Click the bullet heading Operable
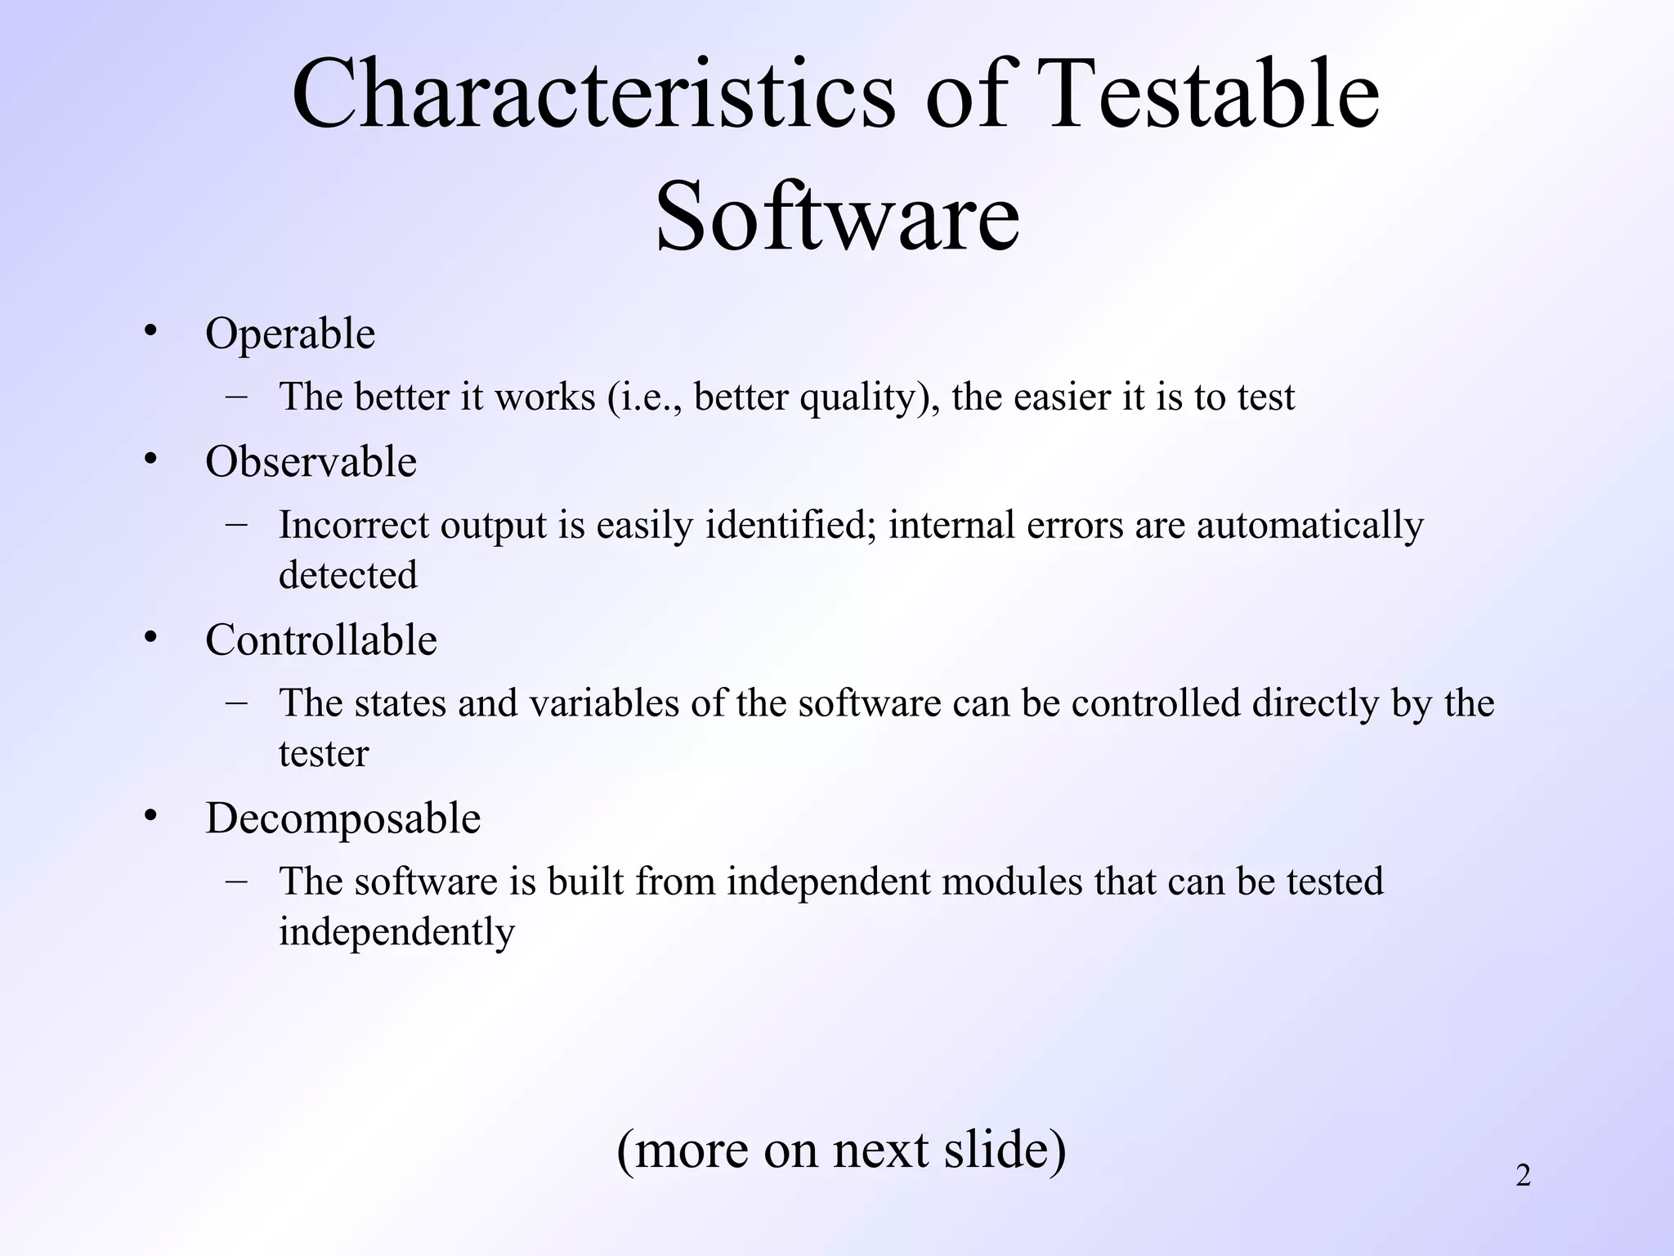click(290, 334)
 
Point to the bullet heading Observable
click(311, 462)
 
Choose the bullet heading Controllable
click(321, 639)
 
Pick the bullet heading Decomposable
click(342, 818)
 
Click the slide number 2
click(1523, 1176)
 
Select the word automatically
click(1309, 525)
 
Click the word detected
click(347, 575)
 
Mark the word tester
click(324, 753)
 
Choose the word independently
click(396, 932)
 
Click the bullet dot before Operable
click(150, 331)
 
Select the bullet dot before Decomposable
click(150, 815)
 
